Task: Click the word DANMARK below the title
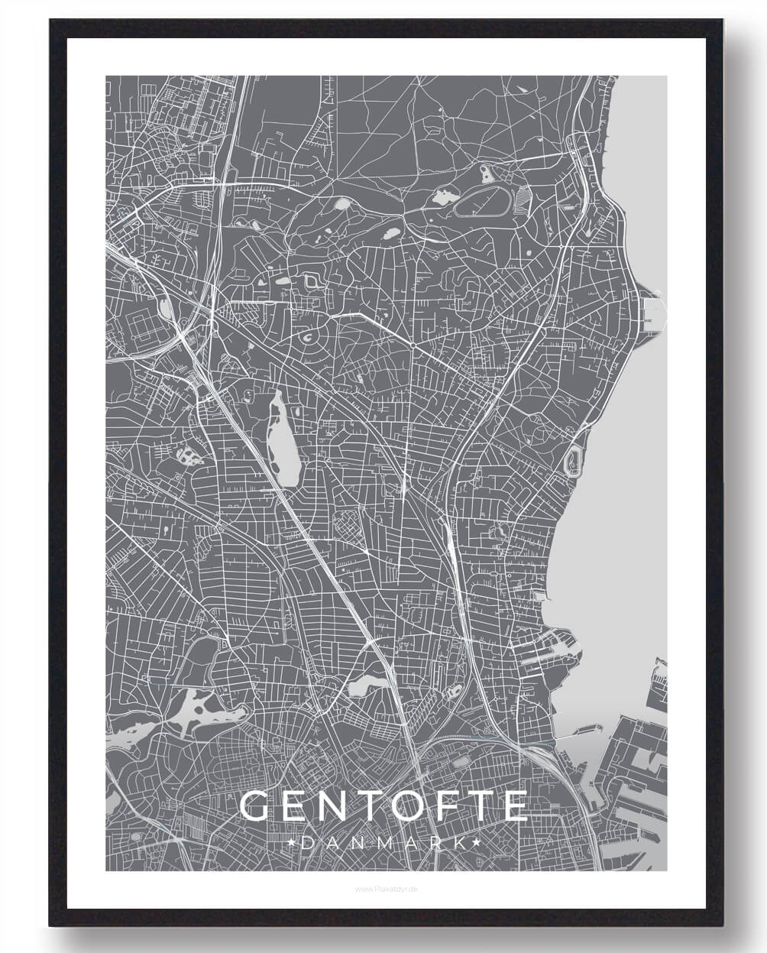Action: pos(384,842)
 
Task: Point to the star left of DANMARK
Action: pos(294,842)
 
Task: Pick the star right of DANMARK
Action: pos(475,842)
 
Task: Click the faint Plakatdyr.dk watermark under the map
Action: pos(383,889)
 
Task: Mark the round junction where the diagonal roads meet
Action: pos(413,346)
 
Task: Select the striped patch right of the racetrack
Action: pos(522,200)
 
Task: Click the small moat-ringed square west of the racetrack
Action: pos(313,282)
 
